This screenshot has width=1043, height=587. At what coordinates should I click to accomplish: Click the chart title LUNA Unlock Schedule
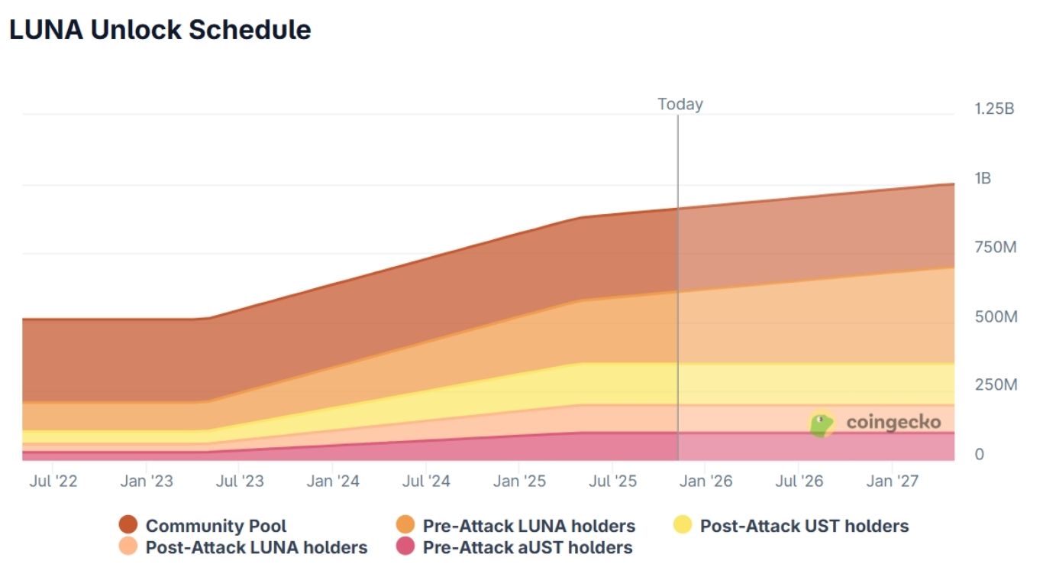coord(160,30)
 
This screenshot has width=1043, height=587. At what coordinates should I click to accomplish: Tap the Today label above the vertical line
coord(680,104)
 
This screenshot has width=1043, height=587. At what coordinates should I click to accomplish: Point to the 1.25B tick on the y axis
coord(994,109)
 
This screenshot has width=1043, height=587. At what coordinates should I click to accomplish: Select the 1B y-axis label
coord(983,178)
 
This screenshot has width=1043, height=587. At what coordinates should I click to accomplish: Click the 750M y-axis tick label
coord(995,247)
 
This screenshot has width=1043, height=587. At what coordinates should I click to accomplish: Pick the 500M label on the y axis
coord(996,316)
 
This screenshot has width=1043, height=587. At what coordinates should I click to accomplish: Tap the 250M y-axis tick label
coord(996,384)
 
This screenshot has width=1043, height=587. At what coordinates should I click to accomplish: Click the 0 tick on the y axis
coord(980,454)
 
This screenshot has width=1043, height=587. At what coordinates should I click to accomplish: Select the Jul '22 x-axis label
coord(53,482)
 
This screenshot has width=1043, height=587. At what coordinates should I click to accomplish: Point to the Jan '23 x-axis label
coord(147,482)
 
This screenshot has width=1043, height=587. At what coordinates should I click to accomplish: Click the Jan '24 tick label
coord(333,482)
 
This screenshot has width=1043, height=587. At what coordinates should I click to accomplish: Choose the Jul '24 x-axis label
coord(426,482)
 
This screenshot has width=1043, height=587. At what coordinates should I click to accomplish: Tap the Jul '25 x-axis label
coord(612,482)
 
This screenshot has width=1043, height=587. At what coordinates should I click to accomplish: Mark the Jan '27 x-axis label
coord(893,482)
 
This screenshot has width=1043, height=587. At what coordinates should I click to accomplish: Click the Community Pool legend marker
coord(128,525)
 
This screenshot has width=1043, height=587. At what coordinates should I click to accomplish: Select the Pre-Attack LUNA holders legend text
coord(528,526)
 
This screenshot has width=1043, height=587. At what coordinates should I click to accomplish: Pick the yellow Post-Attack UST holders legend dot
coord(683,525)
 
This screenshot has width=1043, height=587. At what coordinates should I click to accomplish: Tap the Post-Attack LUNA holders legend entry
coord(256,547)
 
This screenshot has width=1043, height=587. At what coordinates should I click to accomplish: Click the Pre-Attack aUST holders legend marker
coord(405,547)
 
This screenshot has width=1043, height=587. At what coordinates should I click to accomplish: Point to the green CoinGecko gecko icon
coord(822,423)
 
